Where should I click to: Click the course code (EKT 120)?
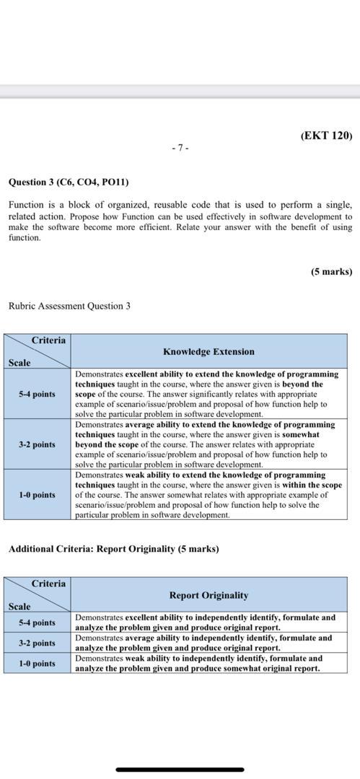[x=326, y=136]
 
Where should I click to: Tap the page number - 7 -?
[x=180, y=148]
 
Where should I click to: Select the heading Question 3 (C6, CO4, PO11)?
[x=69, y=182]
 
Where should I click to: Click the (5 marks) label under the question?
[x=332, y=272]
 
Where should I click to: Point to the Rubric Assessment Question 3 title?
[x=69, y=306]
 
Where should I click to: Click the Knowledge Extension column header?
[x=208, y=352]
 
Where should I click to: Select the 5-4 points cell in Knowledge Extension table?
[x=37, y=394]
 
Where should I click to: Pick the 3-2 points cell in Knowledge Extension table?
[x=37, y=444]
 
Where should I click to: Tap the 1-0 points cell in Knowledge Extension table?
[x=37, y=495]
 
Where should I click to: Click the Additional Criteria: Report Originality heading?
[x=113, y=549]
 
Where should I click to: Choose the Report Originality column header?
[x=208, y=595]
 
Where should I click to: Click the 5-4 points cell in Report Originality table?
[x=37, y=622]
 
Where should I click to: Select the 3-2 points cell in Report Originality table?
[x=37, y=643]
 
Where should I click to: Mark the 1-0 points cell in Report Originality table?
[x=37, y=663]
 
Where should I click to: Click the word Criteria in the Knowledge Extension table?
[x=48, y=340]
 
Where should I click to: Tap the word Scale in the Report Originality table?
[x=19, y=607]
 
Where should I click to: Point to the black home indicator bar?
[x=180, y=769]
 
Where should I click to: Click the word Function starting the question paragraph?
[x=26, y=206]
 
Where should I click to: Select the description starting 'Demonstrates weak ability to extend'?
[x=208, y=495]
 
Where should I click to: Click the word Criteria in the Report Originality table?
[x=48, y=584]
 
